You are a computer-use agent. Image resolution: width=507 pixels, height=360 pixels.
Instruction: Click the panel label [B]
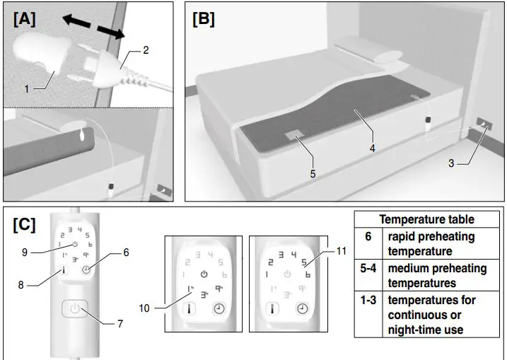pyautogui.click(x=203, y=20)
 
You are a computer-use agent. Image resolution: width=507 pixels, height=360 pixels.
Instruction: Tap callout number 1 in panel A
pyautogui.click(x=26, y=89)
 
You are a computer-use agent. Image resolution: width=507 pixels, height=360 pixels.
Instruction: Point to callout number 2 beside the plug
pyautogui.click(x=146, y=50)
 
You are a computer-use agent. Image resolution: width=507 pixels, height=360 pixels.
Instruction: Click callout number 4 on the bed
pyautogui.click(x=372, y=149)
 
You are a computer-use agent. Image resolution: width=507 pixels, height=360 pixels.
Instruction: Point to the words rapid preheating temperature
pyautogui.click(x=431, y=244)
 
